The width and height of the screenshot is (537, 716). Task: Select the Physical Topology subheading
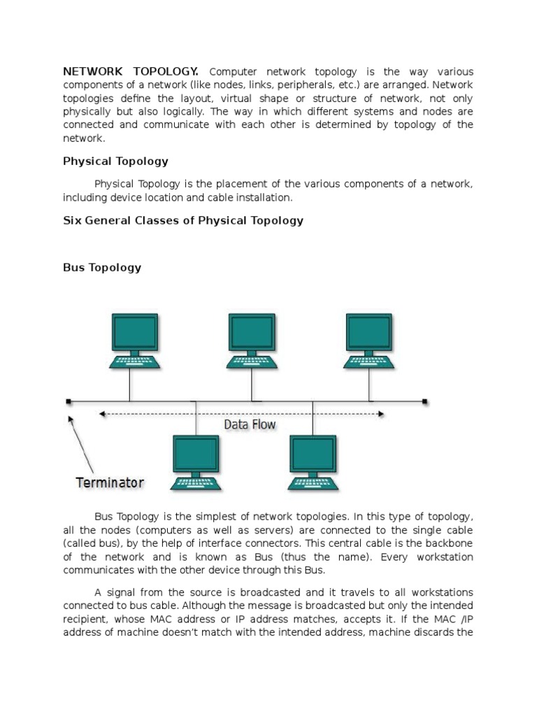(115, 161)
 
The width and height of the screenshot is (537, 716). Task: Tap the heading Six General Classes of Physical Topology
(183, 220)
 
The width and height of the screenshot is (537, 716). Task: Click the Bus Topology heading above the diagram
(102, 267)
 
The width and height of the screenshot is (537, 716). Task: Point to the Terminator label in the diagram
(110, 482)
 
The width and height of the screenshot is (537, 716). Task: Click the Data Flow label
(250, 424)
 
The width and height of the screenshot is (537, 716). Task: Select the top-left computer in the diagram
(135, 341)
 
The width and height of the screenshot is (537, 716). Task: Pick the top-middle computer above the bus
(252, 341)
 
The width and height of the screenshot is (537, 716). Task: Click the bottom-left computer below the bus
(196, 462)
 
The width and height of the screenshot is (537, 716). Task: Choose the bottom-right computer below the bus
(313, 462)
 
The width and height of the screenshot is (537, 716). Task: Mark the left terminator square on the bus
(69, 401)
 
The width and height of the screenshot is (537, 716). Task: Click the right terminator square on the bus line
(425, 401)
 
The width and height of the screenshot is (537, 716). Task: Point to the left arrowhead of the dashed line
(102, 414)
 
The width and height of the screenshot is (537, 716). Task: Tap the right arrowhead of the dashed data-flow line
(381, 414)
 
